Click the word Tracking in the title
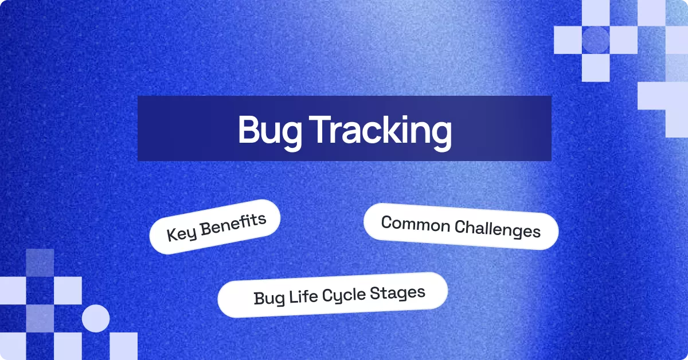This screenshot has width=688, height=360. (x=381, y=131)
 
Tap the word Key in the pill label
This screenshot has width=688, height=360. (x=179, y=233)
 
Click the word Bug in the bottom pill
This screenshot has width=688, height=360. (x=266, y=299)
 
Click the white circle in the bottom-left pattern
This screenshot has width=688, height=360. (x=96, y=319)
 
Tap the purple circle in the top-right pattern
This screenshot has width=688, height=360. (x=595, y=40)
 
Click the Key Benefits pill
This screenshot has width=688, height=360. (x=214, y=226)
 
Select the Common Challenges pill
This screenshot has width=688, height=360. (x=460, y=226)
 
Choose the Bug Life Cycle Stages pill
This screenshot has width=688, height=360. (x=332, y=295)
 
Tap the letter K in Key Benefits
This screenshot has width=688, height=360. (x=171, y=234)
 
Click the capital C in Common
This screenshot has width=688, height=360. (x=387, y=222)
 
